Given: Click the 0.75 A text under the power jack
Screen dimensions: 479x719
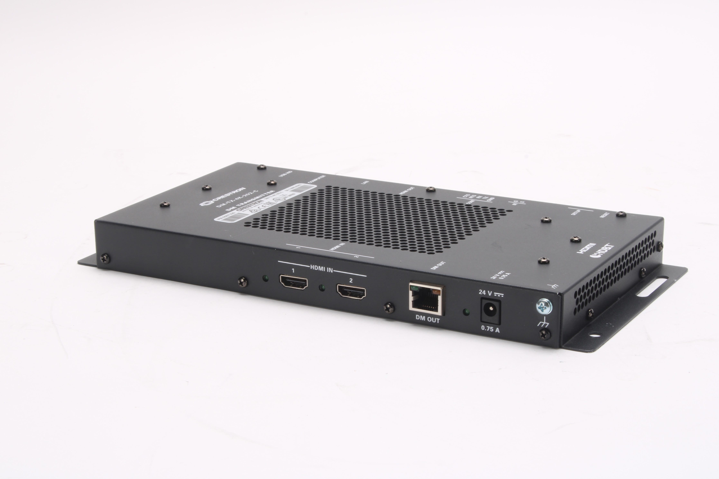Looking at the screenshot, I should [x=490, y=329].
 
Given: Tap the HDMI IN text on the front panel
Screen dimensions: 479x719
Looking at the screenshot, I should [x=322, y=268].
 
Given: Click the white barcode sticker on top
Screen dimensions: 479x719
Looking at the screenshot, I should [x=260, y=203].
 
